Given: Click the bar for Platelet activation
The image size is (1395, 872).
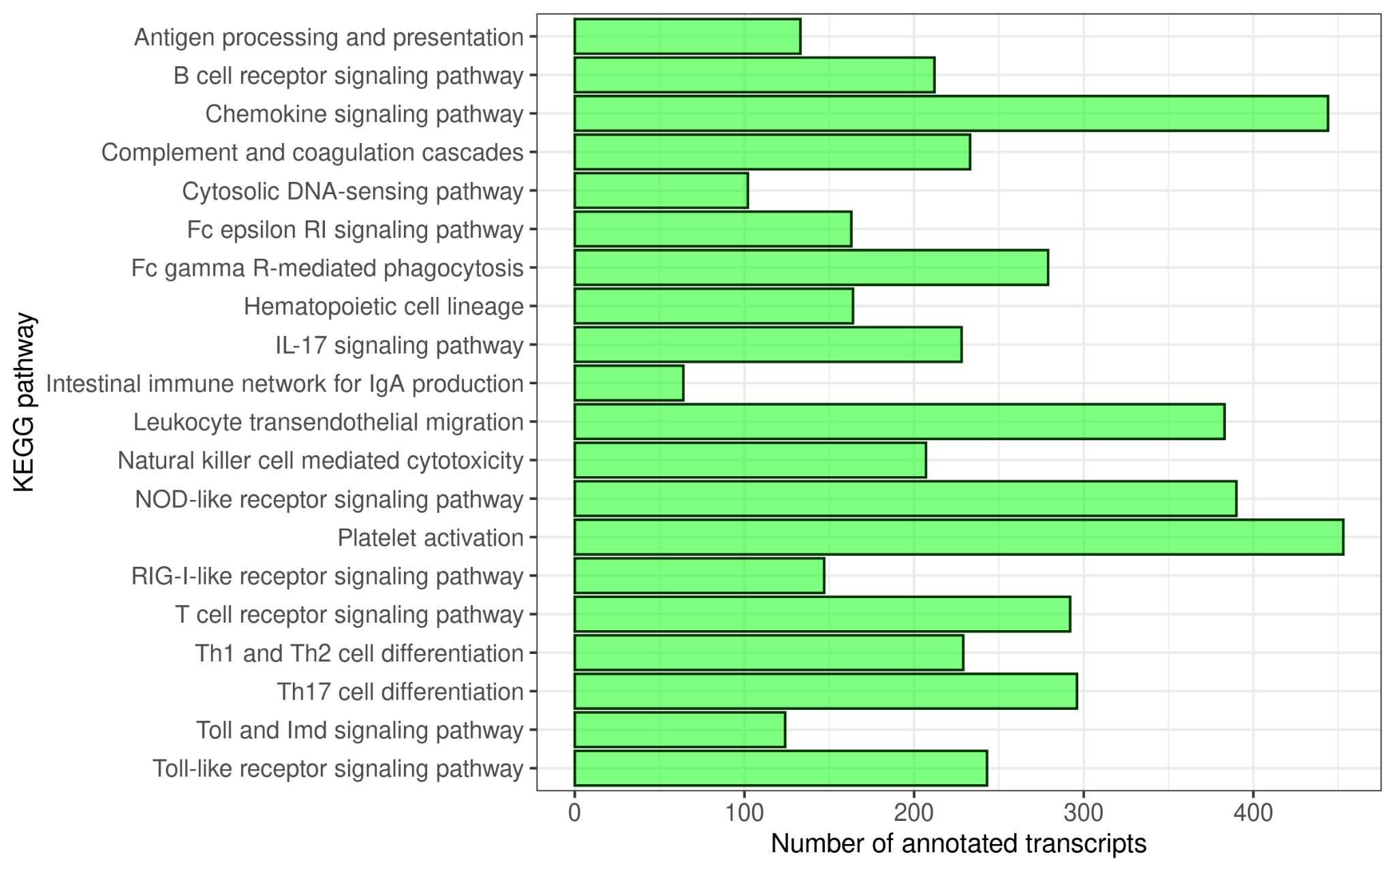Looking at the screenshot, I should (x=958, y=537).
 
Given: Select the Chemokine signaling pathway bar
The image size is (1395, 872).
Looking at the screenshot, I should (x=951, y=113).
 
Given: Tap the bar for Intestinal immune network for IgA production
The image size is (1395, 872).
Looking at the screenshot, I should (x=629, y=383).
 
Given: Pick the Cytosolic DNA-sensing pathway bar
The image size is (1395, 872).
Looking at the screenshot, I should (x=661, y=190).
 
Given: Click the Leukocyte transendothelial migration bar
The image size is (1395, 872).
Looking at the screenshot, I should (x=899, y=422).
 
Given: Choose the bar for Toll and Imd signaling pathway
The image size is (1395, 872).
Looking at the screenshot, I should (x=680, y=730).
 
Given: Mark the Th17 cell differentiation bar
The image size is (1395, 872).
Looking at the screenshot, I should (x=826, y=691).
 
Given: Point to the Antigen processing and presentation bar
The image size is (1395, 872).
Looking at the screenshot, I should (x=687, y=36).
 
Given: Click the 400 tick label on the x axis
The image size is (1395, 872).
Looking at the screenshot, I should (x=1253, y=813).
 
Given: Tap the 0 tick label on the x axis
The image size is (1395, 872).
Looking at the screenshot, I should (x=575, y=813).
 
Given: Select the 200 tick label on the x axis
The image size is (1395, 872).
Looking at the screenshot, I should (x=913, y=813).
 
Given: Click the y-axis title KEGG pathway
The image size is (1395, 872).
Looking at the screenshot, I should (x=24, y=402).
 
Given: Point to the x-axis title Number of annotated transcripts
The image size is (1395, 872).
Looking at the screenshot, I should (x=958, y=843).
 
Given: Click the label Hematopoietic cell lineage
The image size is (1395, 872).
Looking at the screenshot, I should (x=383, y=307).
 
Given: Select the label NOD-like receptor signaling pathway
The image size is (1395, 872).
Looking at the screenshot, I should (x=329, y=499).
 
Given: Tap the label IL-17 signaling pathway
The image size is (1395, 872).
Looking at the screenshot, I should (x=399, y=345).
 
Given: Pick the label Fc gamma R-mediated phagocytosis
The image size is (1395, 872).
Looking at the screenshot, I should (x=327, y=268).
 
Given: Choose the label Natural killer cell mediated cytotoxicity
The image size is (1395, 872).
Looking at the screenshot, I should (x=320, y=461).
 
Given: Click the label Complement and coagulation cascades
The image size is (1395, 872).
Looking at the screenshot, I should (x=312, y=152).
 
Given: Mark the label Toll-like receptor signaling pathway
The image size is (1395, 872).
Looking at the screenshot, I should (x=338, y=768).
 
